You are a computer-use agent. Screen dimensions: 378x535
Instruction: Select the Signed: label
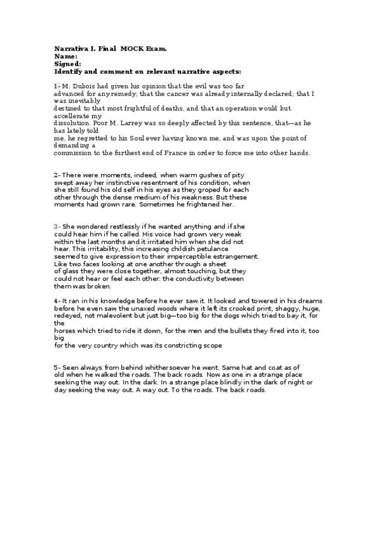68,64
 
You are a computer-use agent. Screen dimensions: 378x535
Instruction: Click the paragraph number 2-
57,175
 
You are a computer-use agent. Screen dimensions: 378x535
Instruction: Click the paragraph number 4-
57,301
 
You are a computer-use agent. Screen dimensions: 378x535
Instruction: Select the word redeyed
67,316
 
